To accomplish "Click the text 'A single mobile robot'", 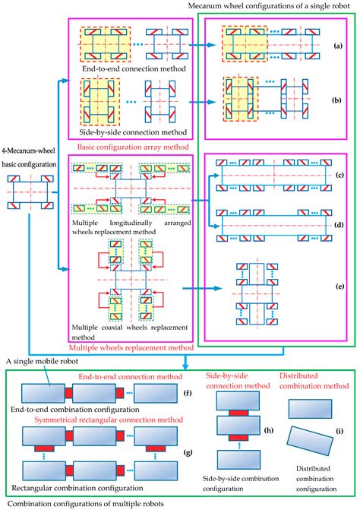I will pos(43,363).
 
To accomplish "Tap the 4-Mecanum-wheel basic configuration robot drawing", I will pos(30,193).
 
